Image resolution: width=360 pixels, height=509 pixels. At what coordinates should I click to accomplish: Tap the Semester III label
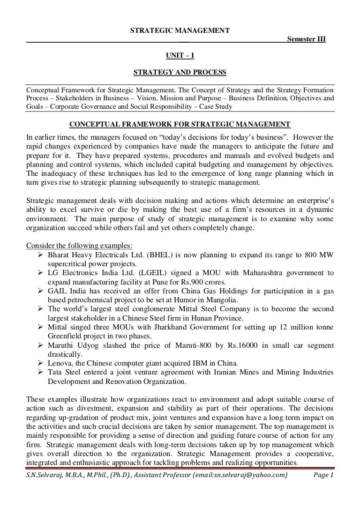[307, 39]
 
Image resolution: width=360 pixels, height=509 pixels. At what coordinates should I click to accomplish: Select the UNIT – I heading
[180, 56]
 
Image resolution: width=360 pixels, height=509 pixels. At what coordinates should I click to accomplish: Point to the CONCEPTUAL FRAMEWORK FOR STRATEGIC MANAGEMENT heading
[180, 124]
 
